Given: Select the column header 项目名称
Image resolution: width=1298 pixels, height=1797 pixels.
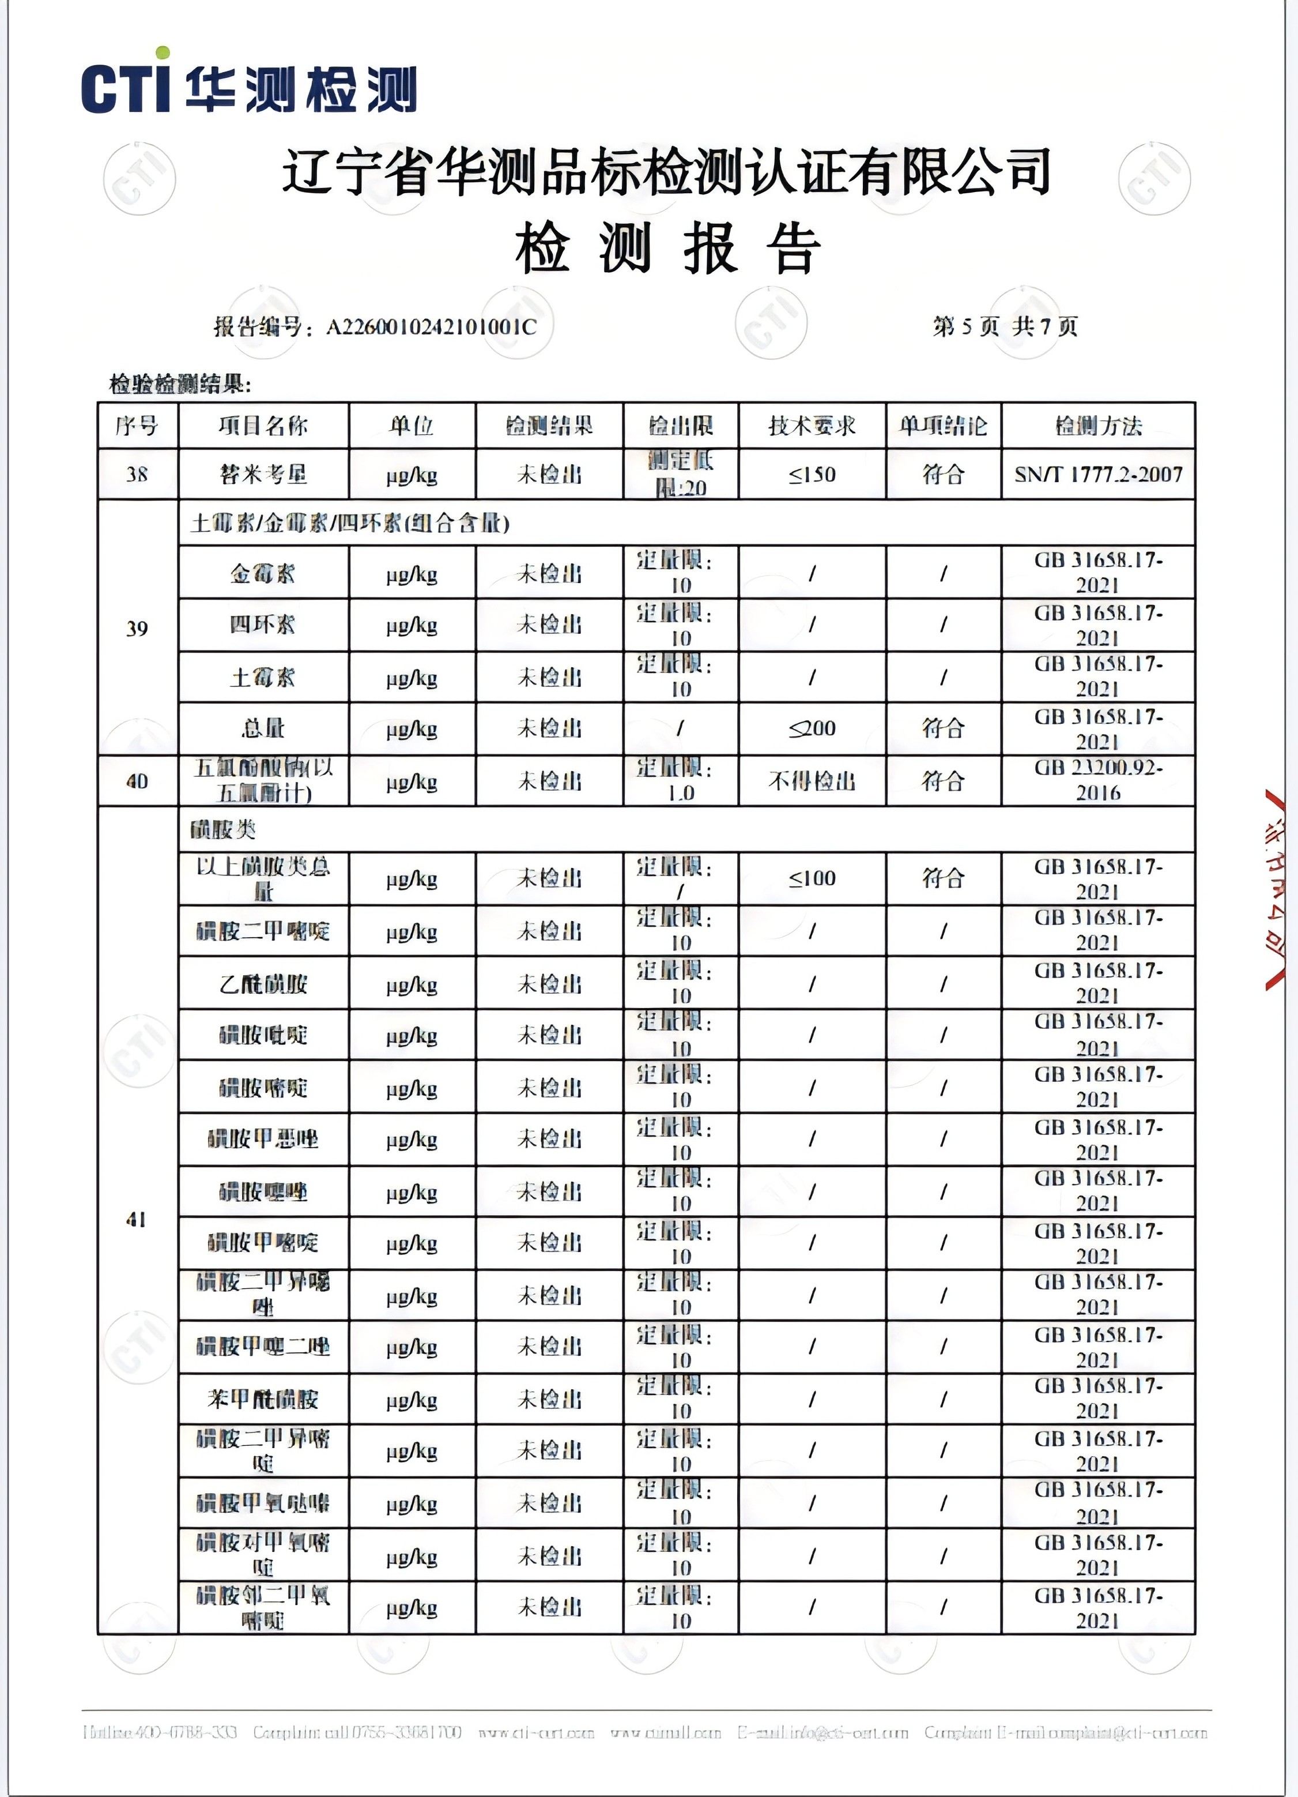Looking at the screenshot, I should [x=263, y=426].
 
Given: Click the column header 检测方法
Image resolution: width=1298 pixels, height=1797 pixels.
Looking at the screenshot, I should [x=1097, y=426].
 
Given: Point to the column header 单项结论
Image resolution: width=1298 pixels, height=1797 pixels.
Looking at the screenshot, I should [x=942, y=426].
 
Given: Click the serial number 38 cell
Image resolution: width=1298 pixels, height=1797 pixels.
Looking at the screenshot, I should [x=137, y=475].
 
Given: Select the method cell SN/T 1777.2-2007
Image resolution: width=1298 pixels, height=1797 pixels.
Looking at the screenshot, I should [x=1097, y=475].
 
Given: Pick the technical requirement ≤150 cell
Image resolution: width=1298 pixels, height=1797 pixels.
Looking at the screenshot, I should [x=812, y=475].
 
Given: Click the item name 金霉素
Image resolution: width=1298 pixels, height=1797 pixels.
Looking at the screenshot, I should [x=263, y=573].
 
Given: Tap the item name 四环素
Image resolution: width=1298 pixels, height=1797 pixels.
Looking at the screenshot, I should [x=263, y=625].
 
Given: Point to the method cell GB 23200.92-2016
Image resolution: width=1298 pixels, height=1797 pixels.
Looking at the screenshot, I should [x=1097, y=780].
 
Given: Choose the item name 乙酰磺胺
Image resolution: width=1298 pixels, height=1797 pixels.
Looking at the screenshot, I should [x=263, y=984].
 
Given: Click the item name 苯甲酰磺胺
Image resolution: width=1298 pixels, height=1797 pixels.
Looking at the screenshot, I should [x=263, y=1399].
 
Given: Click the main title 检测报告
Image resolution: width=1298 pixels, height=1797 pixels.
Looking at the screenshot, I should [x=667, y=249].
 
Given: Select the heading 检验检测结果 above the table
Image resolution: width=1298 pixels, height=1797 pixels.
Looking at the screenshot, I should [x=180, y=385].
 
